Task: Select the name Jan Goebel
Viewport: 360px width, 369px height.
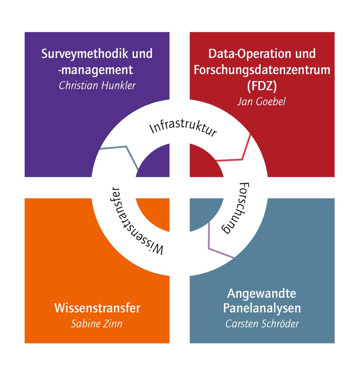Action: [x=261, y=102]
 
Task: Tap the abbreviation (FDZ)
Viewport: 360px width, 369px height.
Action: [x=262, y=86]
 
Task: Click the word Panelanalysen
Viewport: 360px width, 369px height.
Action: [x=262, y=308]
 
